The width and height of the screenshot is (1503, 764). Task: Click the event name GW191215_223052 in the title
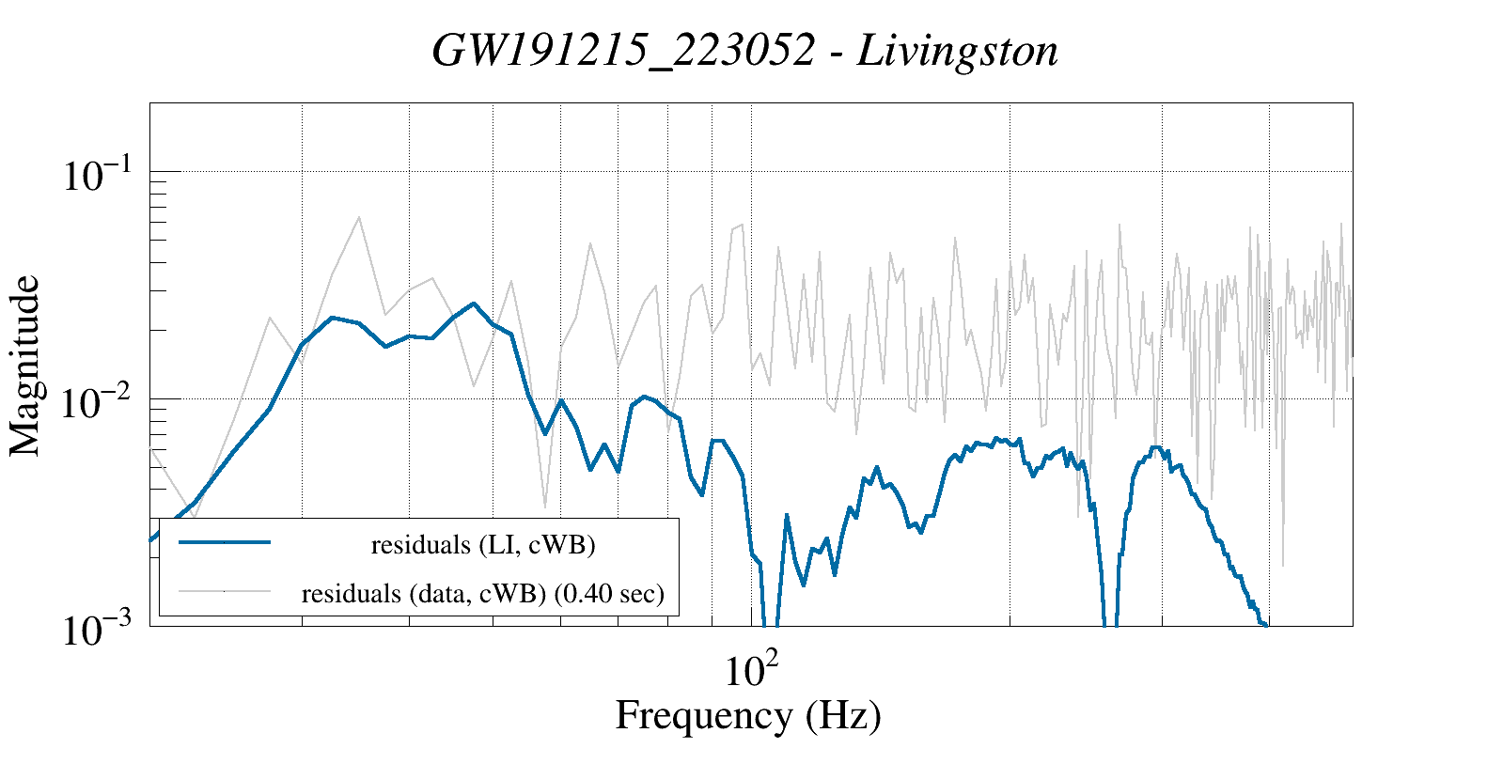pos(623,51)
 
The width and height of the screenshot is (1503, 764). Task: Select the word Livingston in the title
pos(958,51)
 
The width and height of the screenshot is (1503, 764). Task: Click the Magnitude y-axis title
pos(25,366)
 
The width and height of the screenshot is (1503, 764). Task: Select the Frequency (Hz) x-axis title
pos(748,715)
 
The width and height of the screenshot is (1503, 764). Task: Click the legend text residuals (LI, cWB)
pos(483,545)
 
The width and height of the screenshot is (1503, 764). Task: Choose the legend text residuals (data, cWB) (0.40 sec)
pos(483,594)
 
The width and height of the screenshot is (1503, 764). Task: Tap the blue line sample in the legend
pos(225,542)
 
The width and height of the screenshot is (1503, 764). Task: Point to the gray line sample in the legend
pos(225,591)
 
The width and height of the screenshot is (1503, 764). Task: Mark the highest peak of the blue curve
pos(474,304)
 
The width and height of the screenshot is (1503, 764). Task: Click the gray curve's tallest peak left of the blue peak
pos(359,217)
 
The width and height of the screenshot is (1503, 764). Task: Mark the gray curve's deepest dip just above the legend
pos(545,507)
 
